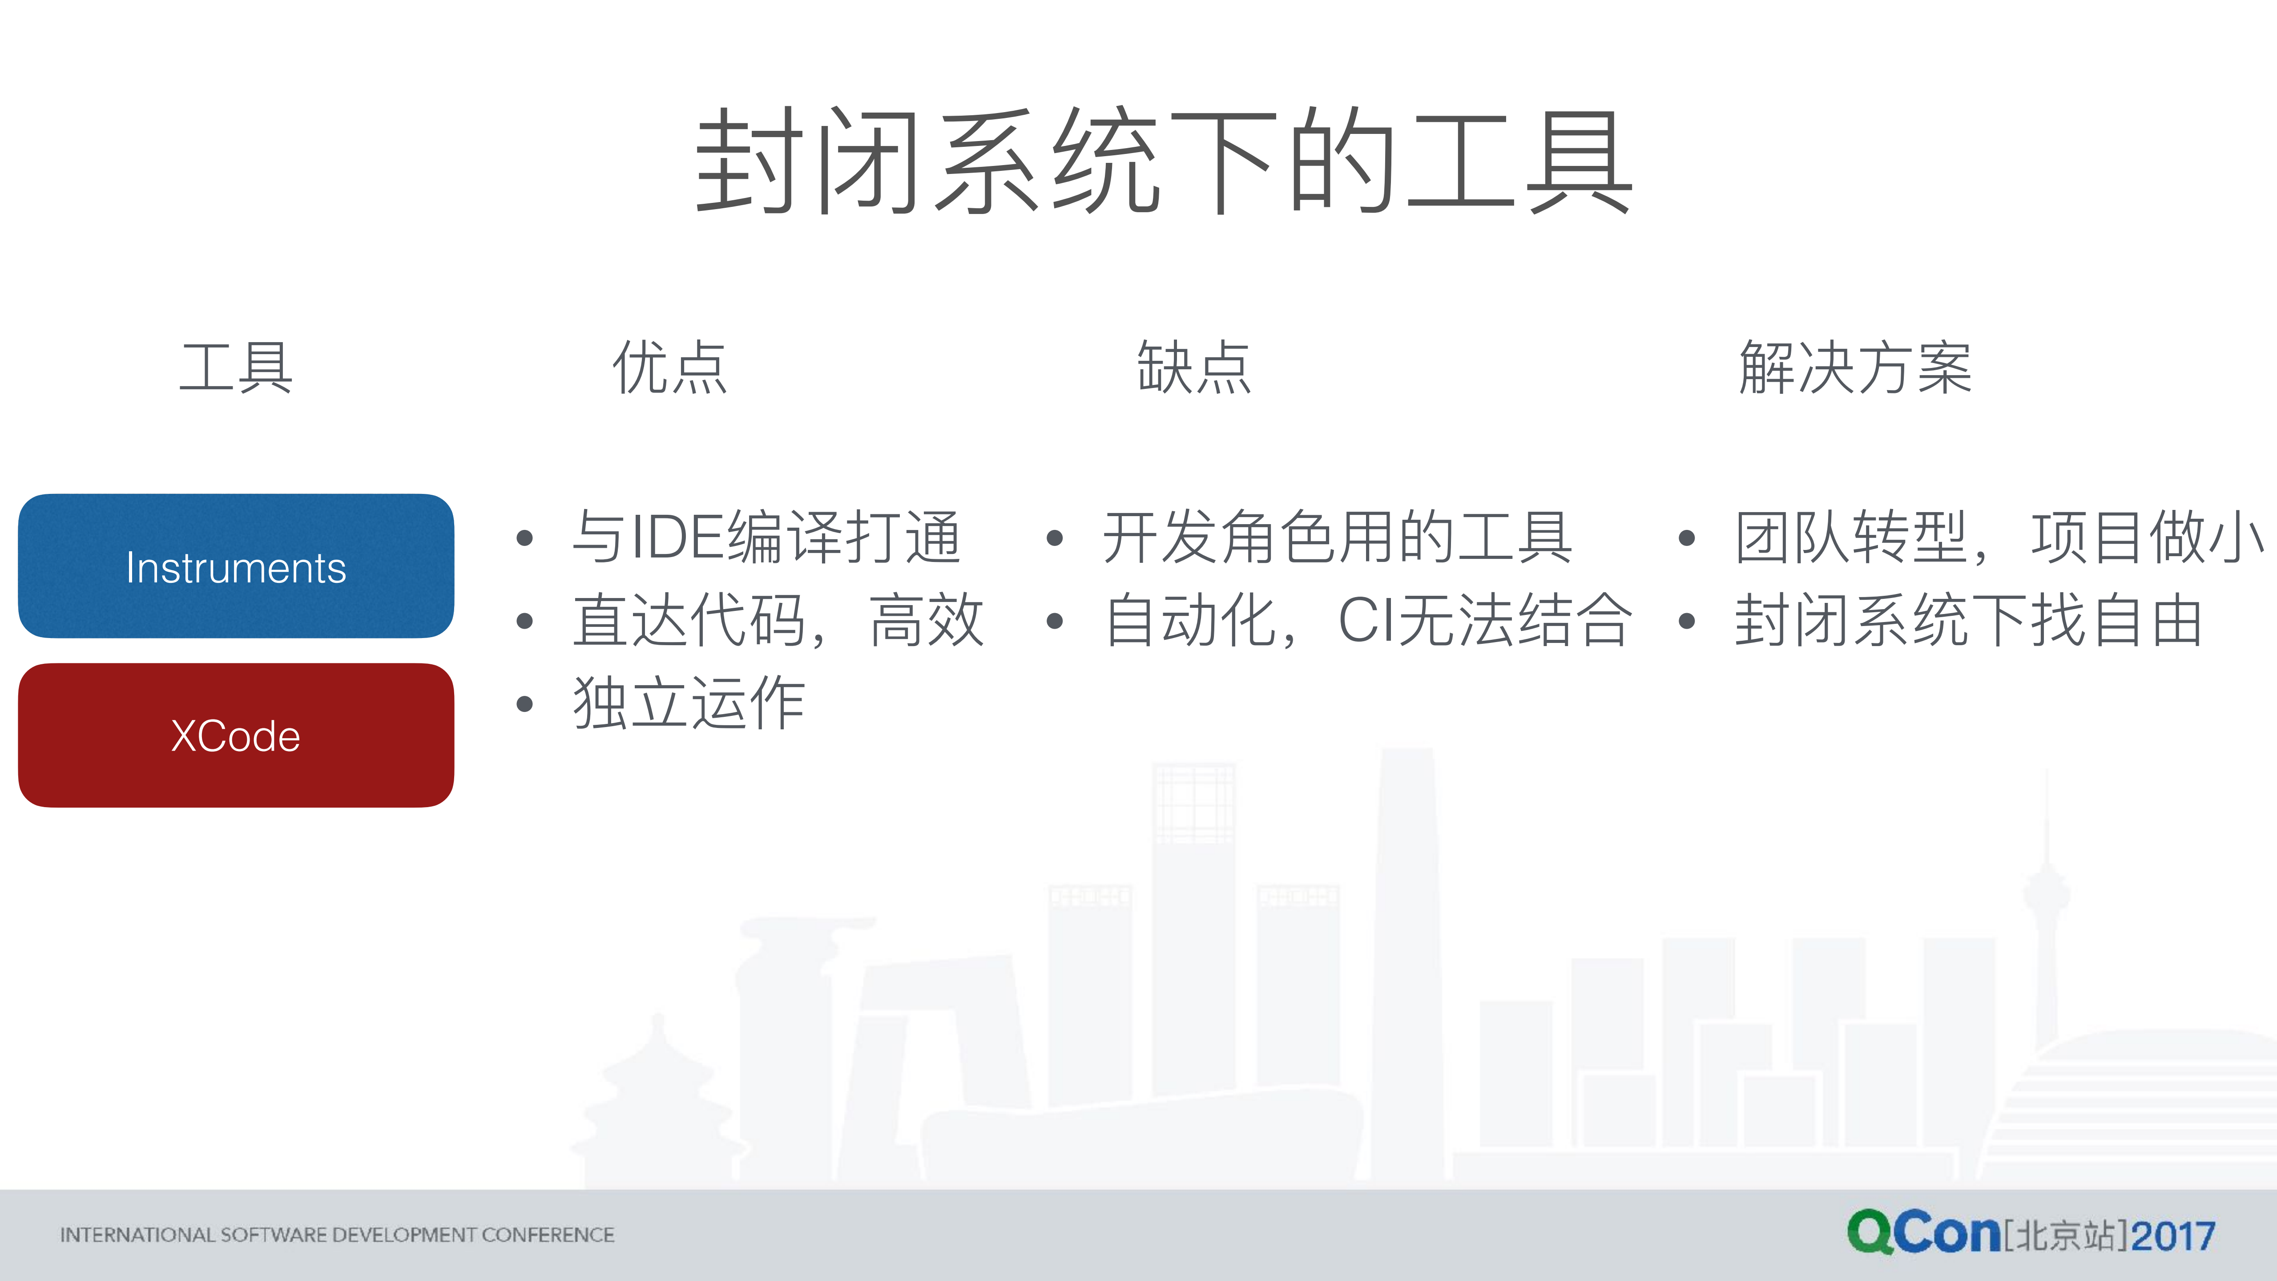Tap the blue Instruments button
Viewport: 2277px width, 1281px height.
pyautogui.click(x=236, y=567)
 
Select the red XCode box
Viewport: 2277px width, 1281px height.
pyautogui.click(x=236, y=735)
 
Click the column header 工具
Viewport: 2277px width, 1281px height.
pyautogui.click(x=236, y=367)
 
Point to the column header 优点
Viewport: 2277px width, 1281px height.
pyautogui.click(x=670, y=367)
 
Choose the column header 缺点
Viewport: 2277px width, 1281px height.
pyautogui.click(x=1194, y=367)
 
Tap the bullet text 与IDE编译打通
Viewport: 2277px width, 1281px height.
pyautogui.click(x=766, y=537)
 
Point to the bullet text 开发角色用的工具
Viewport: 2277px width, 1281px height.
pyautogui.click(x=1338, y=537)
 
